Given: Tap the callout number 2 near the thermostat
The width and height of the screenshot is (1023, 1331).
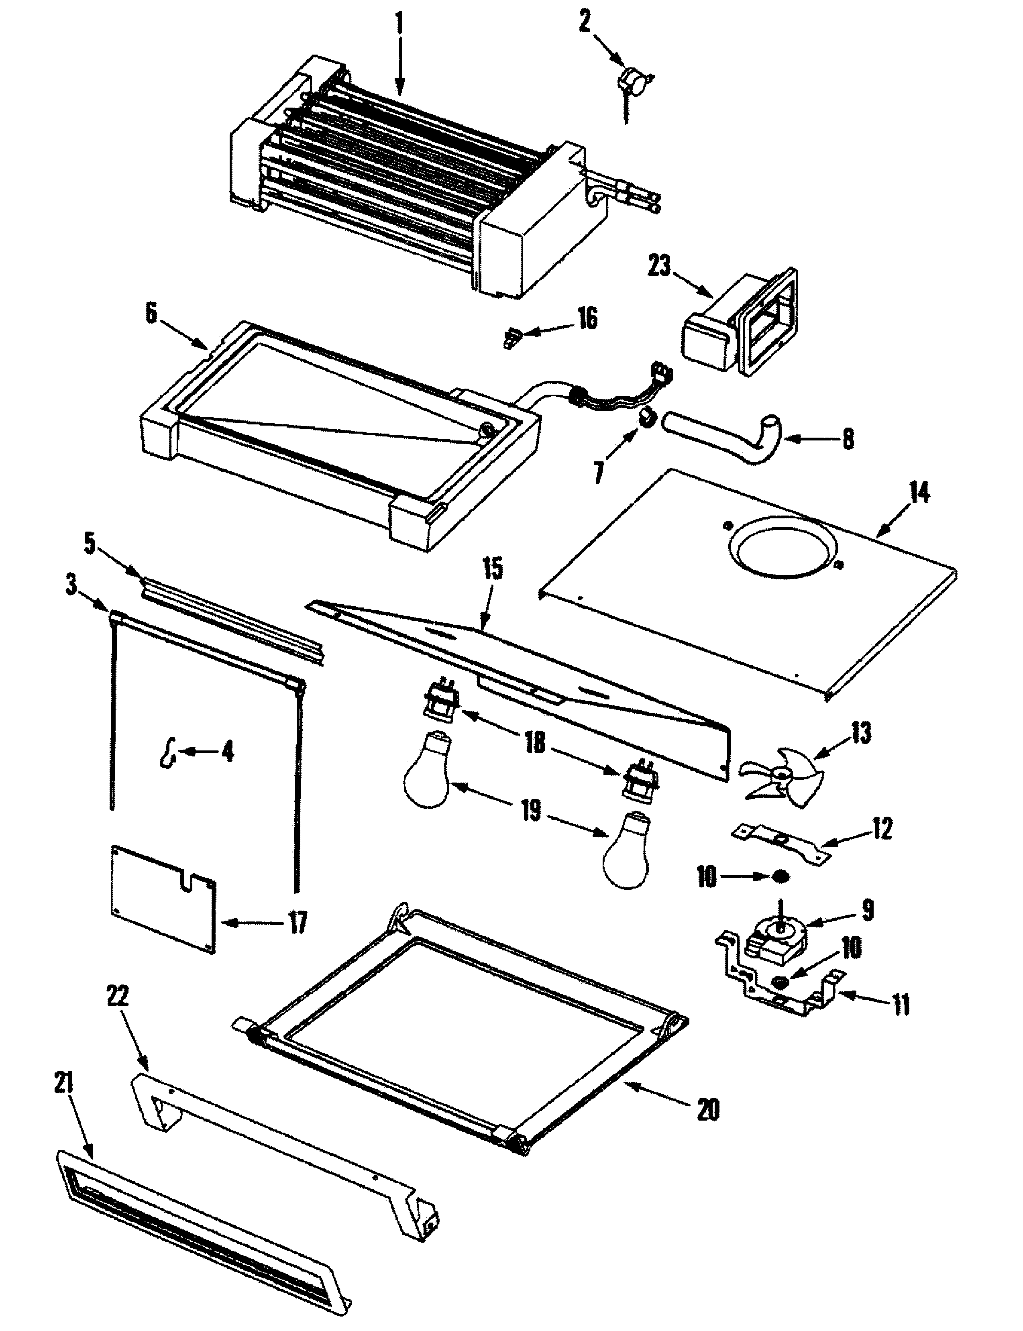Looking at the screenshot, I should pos(585,23).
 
